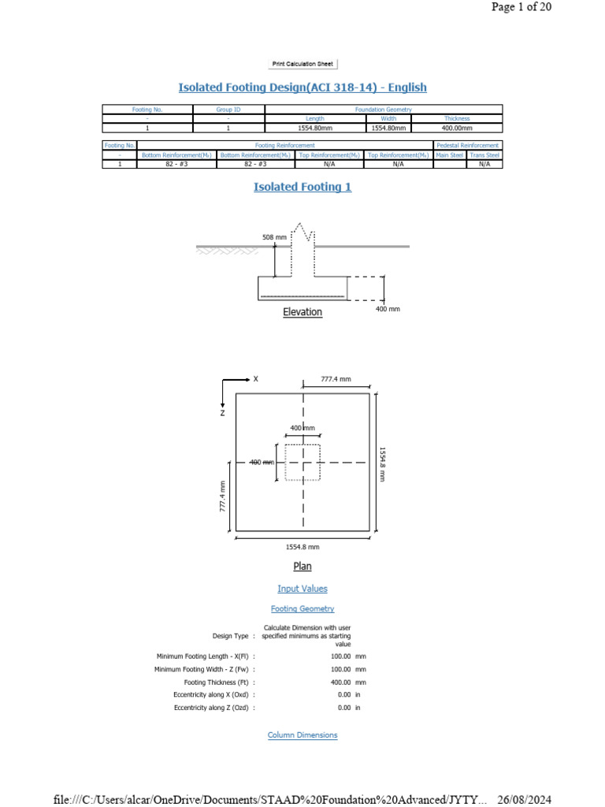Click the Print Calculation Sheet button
point(302,64)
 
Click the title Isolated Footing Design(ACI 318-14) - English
point(302,87)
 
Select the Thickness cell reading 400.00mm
point(457,128)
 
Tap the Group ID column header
point(228,110)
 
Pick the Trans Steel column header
point(484,155)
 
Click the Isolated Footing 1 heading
point(302,187)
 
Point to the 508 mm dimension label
point(275,236)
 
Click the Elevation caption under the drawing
point(302,312)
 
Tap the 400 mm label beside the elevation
point(388,309)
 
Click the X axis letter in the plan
point(255,379)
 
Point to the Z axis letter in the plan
point(223,412)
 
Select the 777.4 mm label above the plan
point(336,379)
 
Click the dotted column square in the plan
point(302,463)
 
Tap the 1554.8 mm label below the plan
point(302,546)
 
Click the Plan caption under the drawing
point(302,566)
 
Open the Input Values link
point(302,589)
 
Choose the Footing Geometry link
point(302,608)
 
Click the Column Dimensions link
point(302,734)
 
